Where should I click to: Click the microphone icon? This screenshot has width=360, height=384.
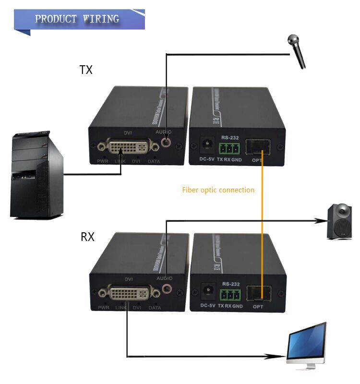pyautogui.click(x=297, y=50)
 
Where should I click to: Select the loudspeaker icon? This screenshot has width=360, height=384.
pyautogui.click(x=339, y=221)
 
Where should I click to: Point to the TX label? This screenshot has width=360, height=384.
pyautogui.click(x=86, y=70)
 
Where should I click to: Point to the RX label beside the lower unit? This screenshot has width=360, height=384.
pyautogui.click(x=87, y=237)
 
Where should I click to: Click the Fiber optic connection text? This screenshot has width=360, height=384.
pyautogui.click(x=218, y=190)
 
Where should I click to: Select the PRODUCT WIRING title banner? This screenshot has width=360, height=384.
pyautogui.click(x=77, y=19)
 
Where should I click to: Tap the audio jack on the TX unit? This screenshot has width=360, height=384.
pyautogui.click(x=166, y=143)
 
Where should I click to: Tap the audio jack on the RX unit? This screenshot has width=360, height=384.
pyautogui.click(x=167, y=289)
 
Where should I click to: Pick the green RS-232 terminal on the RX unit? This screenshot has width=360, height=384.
pyautogui.click(x=229, y=294)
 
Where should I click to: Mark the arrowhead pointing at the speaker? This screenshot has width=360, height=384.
pyautogui.click(x=321, y=221)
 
